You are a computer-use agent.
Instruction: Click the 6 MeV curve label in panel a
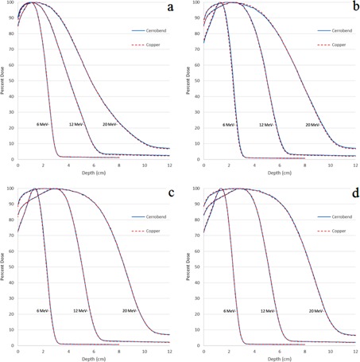(44, 125)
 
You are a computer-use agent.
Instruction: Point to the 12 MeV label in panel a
(80, 125)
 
